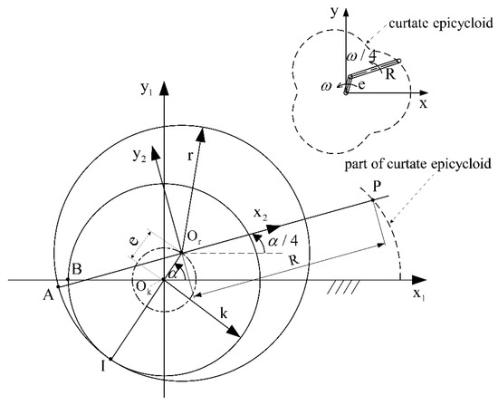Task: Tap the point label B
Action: click(x=78, y=268)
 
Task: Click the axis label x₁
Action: click(x=418, y=295)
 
